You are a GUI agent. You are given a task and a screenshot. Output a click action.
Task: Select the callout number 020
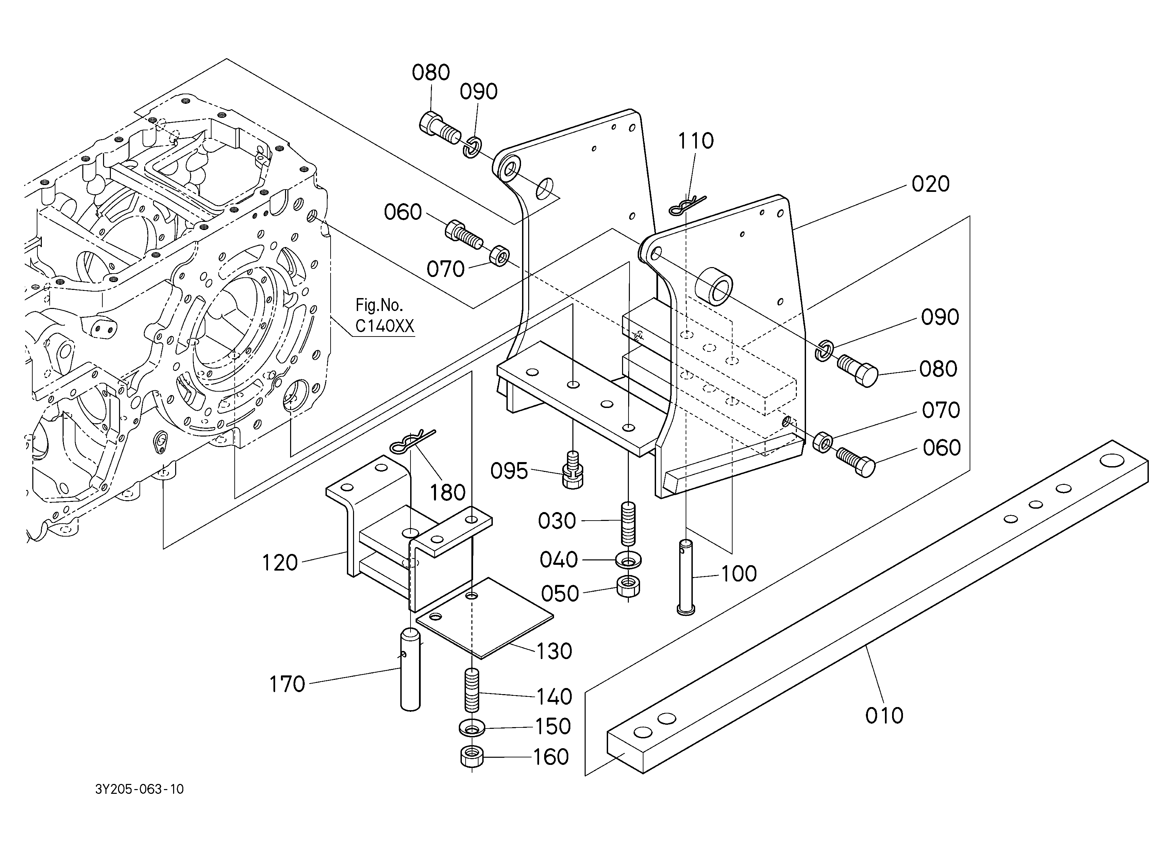931,184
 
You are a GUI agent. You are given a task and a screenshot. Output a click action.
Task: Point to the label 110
696,141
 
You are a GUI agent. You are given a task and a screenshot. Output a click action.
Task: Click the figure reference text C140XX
385,326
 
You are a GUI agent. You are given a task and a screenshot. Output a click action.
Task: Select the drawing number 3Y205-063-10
140,789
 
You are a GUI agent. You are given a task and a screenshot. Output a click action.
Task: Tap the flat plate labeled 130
485,618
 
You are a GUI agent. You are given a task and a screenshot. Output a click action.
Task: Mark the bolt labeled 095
572,469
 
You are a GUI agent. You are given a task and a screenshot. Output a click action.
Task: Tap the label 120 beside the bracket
280,563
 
